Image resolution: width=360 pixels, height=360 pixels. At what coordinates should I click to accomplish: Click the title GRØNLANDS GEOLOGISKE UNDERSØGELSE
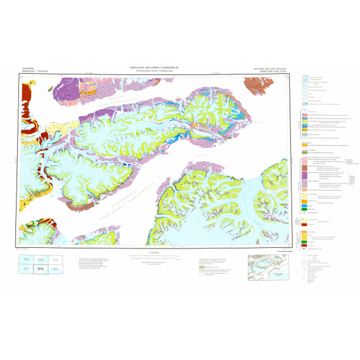click(x=159, y=68)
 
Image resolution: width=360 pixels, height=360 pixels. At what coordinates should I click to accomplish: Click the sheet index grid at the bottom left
click(x=41, y=265)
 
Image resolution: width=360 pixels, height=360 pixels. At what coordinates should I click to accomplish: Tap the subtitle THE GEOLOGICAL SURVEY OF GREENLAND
click(x=159, y=71)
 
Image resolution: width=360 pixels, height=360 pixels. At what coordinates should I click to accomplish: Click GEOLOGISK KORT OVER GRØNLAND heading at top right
click(x=270, y=68)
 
